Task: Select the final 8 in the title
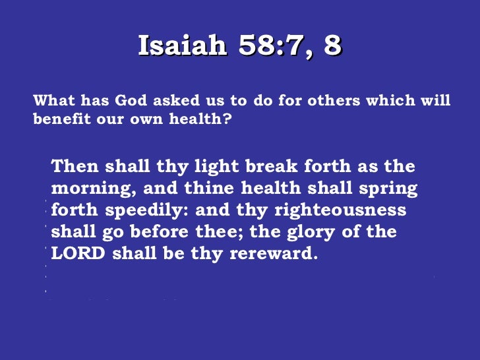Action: pyautogui.click(x=332, y=45)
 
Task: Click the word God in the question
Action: pyautogui.click(x=132, y=101)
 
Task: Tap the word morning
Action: pyautogui.click(x=91, y=189)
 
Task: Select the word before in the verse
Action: pyautogui.click(x=191, y=232)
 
